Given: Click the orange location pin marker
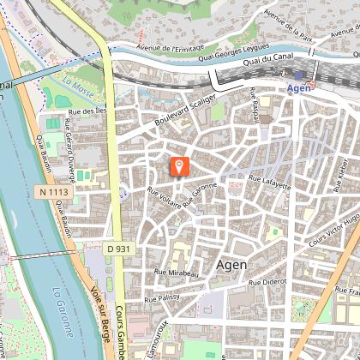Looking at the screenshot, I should point(179,166).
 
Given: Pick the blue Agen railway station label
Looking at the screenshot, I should point(298,88).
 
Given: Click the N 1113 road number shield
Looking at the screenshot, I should point(53,194).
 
